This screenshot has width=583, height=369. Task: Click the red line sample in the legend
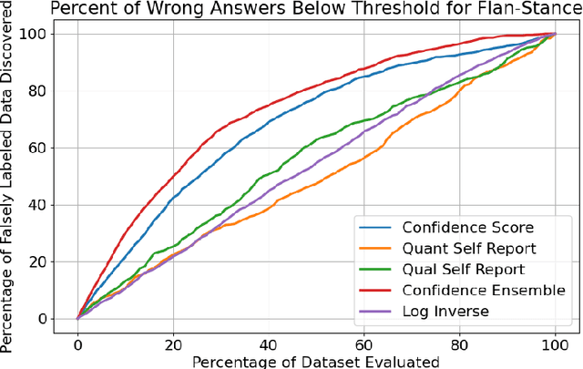coord(376,291)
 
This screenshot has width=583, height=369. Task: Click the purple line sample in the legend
coord(376,312)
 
